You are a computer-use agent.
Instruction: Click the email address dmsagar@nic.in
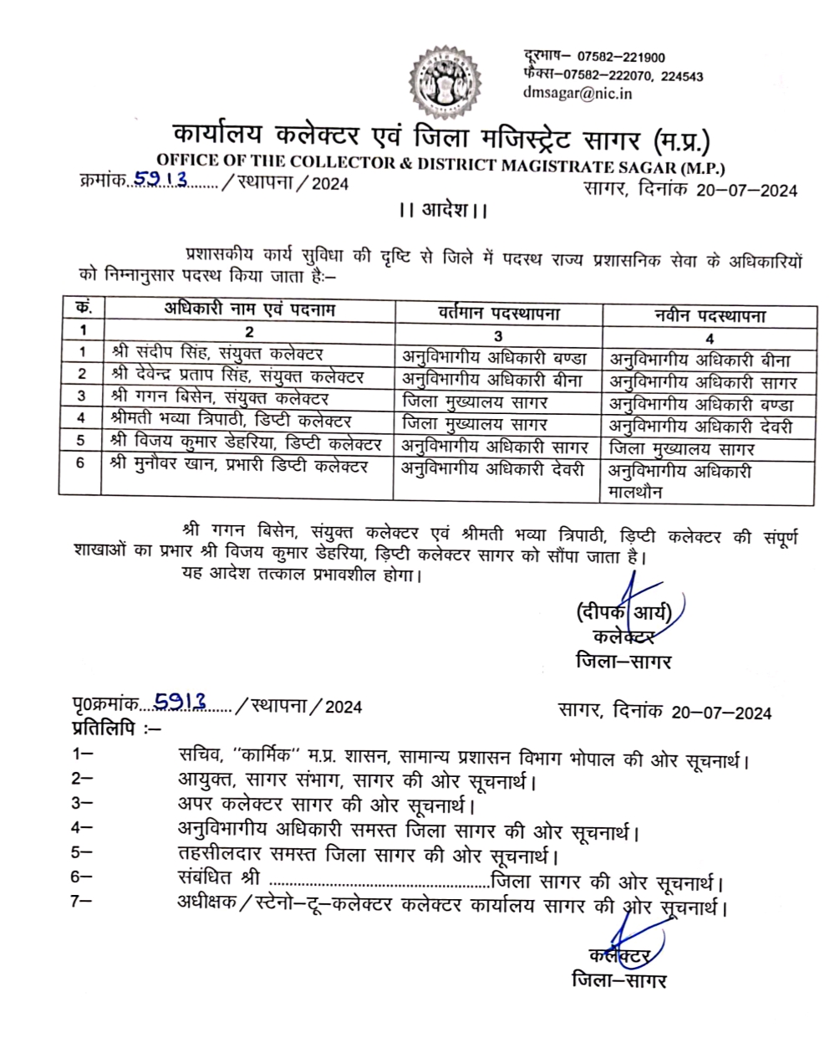point(577,93)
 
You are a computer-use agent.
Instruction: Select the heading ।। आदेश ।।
point(443,210)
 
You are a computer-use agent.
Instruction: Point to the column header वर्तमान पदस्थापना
point(499,314)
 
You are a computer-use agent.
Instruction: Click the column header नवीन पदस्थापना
point(709,316)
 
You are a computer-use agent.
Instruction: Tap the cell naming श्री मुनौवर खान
point(239,467)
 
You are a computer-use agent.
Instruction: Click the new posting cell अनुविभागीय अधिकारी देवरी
point(700,427)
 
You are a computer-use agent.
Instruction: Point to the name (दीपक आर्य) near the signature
point(623,612)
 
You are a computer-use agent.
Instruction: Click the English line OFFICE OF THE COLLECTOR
point(440,162)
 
